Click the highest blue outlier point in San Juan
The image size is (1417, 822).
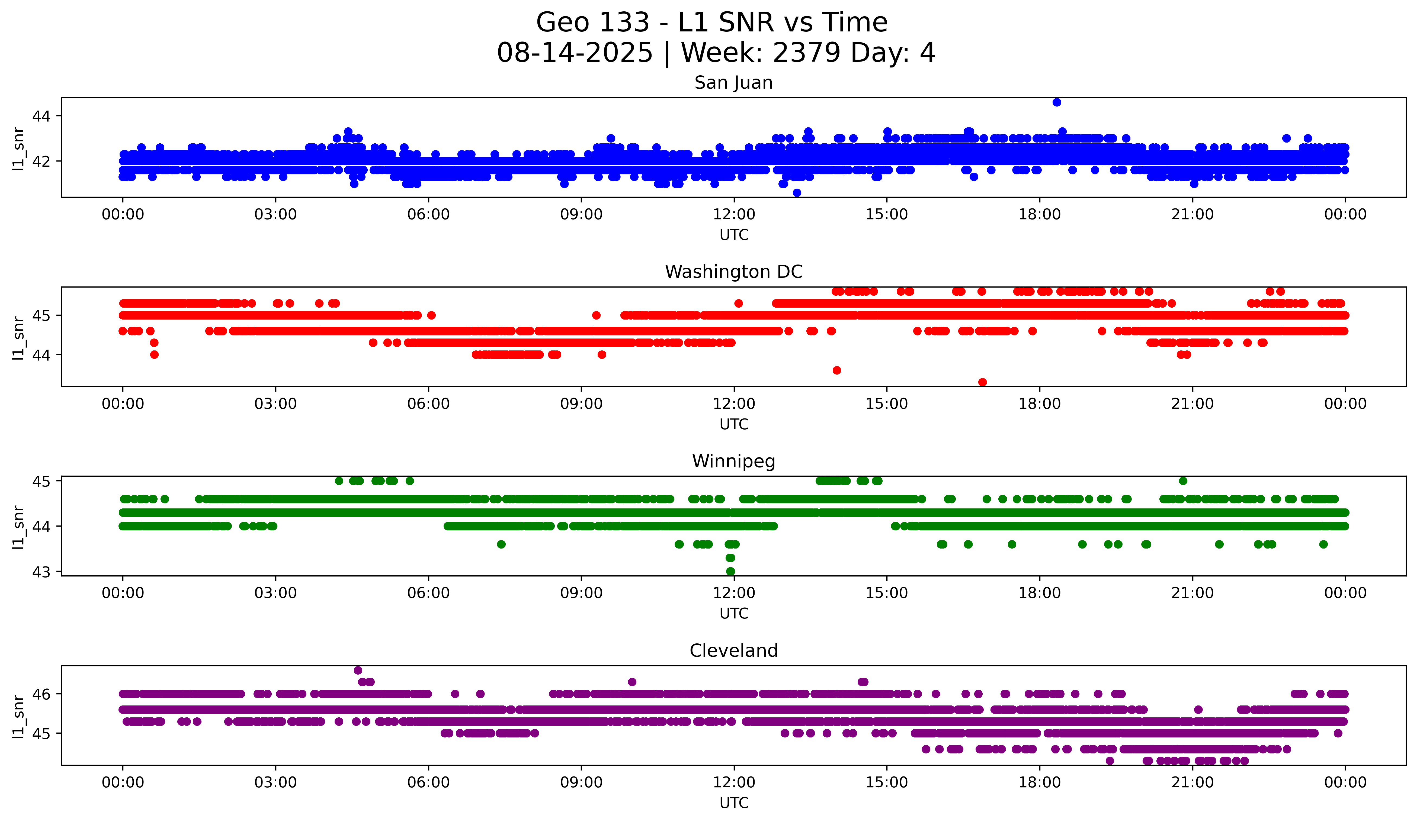[1057, 102]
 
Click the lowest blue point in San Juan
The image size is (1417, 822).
[797, 193]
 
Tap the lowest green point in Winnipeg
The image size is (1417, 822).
[730, 571]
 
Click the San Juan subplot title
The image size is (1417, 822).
[733, 83]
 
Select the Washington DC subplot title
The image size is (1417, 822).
[733, 272]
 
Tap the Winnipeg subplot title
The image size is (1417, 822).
[733, 461]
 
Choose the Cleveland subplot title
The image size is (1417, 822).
[733, 651]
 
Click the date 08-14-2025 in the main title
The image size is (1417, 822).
[575, 53]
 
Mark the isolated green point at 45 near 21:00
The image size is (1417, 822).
[1183, 481]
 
